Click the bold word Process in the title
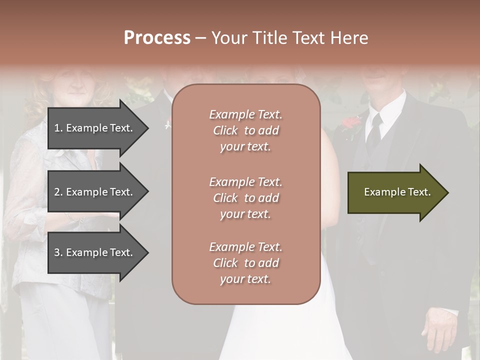click(157, 38)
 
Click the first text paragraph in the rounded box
click(245, 130)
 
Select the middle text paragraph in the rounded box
click(245, 198)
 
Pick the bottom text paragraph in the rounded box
click(245, 263)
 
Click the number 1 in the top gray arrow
click(57, 128)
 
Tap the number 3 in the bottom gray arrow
click(57, 252)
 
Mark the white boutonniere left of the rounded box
click(168, 124)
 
